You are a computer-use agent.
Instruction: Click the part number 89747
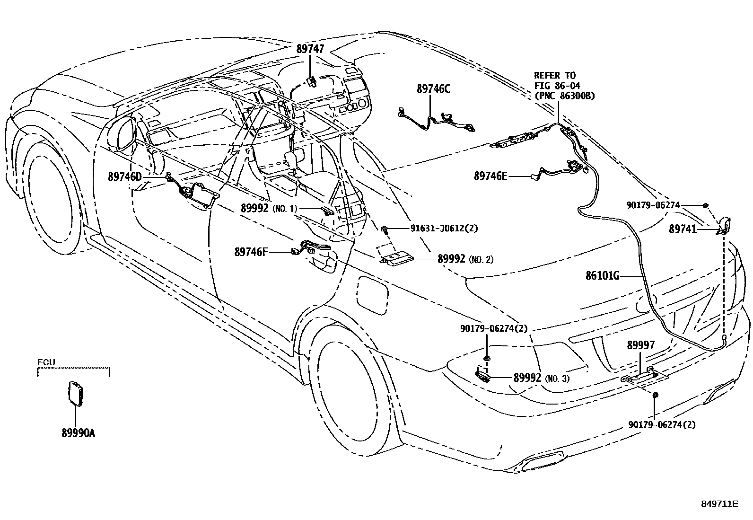click(x=310, y=48)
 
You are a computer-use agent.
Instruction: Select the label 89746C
click(x=433, y=88)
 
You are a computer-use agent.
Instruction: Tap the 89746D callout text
click(x=125, y=177)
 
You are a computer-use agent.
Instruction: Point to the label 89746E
click(x=490, y=176)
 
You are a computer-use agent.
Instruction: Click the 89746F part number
click(x=251, y=252)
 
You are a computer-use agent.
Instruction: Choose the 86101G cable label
click(x=602, y=275)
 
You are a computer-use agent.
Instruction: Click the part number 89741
click(x=683, y=229)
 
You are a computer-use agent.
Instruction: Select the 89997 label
click(x=641, y=345)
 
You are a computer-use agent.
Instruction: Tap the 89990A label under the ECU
click(x=78, y=432)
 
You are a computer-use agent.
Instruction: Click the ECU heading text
click(x=47, y=363)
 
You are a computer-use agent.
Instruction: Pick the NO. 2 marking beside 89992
click(x=481, y=259)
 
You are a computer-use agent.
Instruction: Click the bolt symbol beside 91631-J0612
click(x=385, y=230)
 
